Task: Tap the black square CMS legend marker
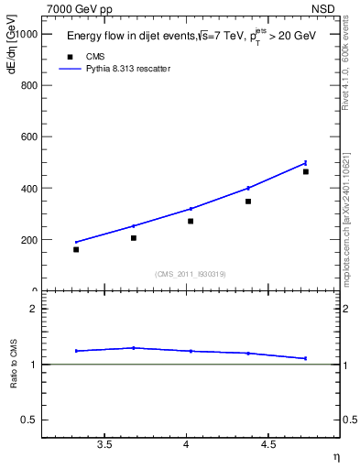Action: tap(69, 57)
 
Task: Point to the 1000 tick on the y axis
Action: tap(25, 33)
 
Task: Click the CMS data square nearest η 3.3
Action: tap(76, 249)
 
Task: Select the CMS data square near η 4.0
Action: tap(191, 221)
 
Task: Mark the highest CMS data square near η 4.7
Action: tap(306, 171)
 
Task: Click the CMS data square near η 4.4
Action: tap(248, 201)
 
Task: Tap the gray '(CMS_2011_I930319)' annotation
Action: tap(191, 274)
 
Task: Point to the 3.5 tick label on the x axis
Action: tap(104, 444)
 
